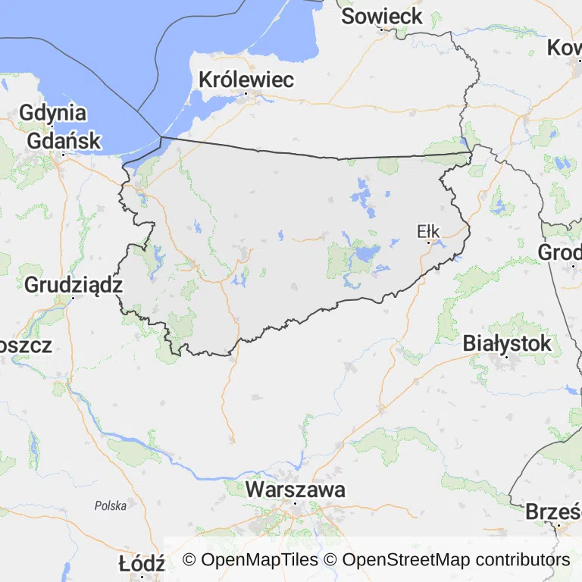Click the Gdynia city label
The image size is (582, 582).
[53, 113]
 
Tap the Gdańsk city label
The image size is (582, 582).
[64, 140]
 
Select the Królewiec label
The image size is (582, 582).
[246, 79]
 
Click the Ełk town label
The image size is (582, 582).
[428, 231]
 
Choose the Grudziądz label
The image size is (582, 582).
[74, 285]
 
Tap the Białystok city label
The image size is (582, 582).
[507, 343]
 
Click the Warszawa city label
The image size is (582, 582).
[295, 490]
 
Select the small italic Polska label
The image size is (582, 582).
[111, 505]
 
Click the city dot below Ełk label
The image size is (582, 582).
[428, 243]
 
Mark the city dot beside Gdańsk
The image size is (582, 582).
[63, 155]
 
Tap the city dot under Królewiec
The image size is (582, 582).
[246, 93]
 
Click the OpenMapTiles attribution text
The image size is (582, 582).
[250, 560]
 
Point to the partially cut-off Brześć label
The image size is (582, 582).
[553, 512]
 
